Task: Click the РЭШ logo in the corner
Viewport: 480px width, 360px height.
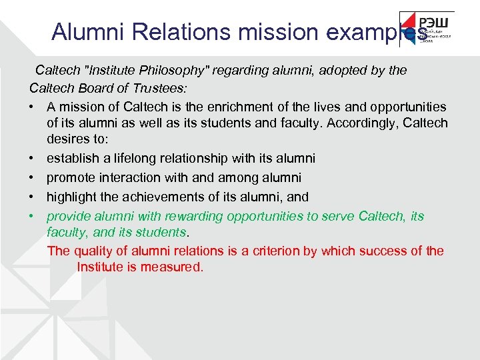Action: coord(427,29)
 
